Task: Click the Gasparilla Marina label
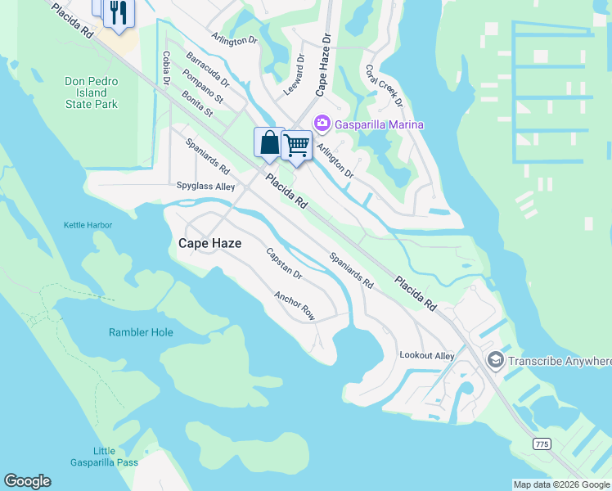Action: tap(379, 124)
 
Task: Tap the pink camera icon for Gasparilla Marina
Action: tap(322, 124)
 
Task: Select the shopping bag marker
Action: tap(269, 144)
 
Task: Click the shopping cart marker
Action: tap(296, 146)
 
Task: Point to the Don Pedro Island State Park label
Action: tap(92, 93)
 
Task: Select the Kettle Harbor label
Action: tap(88, 225)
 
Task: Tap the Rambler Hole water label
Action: tap(141, 332)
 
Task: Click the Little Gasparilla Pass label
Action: tap(115, 457)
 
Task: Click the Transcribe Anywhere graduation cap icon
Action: tap(495, 360)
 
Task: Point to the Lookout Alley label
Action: tap(426, 355)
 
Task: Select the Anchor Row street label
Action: tap(295, 305)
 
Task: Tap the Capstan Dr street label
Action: tap(285, 264)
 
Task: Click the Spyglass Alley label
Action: tap(205, 187)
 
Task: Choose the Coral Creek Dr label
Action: tap(384, 86)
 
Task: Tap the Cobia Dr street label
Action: tap(166, 68)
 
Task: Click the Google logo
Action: tap(27, 481)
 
